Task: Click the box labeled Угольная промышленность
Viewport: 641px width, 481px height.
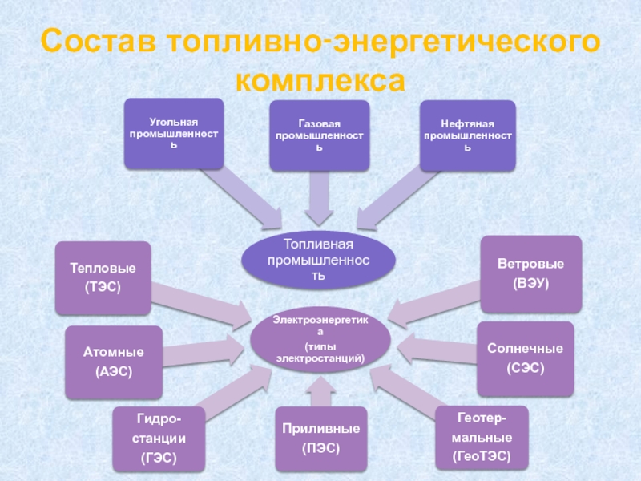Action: (x=174, y=134)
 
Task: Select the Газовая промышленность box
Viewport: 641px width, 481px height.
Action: (x=319, y=135)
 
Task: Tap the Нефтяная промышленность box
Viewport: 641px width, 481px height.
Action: (x=468, y=135)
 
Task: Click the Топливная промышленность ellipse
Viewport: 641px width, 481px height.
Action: (x=318, y=260)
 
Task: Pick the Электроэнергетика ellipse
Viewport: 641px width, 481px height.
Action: (x=320, y=339)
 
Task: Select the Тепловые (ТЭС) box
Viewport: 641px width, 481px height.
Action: (x=103, y=277)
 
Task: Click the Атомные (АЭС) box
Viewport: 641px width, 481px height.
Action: (x=114, y=362)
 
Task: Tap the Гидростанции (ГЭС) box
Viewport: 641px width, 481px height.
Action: (x=159, y=439)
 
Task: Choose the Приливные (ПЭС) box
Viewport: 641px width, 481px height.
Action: (x=321, y=439)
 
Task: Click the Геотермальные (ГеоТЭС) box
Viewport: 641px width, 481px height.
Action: (x=482, y=437)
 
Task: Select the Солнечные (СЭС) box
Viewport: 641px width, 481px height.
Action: (x=526, y=358)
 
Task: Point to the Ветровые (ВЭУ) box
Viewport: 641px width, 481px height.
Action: (x=530, y=273)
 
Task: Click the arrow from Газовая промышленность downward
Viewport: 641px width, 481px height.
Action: (x=319, y=198)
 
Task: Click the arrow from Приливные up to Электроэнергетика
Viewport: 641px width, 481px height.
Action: (x=320, y=391)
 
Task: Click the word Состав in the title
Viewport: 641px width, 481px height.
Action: (x=98, y=41)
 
